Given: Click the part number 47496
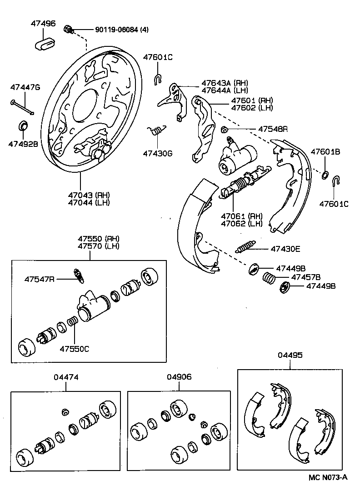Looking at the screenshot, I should click(x=43, y=23).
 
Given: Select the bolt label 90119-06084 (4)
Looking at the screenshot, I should click(x=122, y=30).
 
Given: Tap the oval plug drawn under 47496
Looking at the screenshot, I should click(x=45, y=44).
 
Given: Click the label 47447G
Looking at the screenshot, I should click(x=25, y=87).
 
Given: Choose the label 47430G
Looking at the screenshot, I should click(x=158, y=154).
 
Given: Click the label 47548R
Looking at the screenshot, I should click(x=273, y=129).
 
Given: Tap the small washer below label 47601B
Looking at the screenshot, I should click(x=326, y=175).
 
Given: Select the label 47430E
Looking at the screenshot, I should click(x=286, y=249).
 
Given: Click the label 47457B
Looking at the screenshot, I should click(x=306, y=277).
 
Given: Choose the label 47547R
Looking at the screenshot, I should click(x=39, y=279).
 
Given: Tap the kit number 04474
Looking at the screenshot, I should click(x=66, y=377).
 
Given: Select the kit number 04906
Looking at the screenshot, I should click(x=179, y=377).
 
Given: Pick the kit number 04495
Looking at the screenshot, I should click(x=290, y=355).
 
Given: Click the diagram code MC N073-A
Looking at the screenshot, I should click(x=328, y=477).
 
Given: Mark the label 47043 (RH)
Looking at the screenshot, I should click(x=89, y=195).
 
